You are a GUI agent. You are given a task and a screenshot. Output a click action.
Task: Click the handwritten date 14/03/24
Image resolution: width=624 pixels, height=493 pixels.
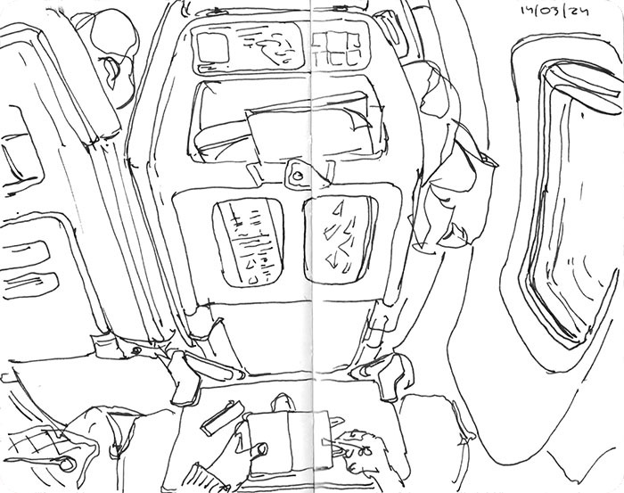(561, 12)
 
